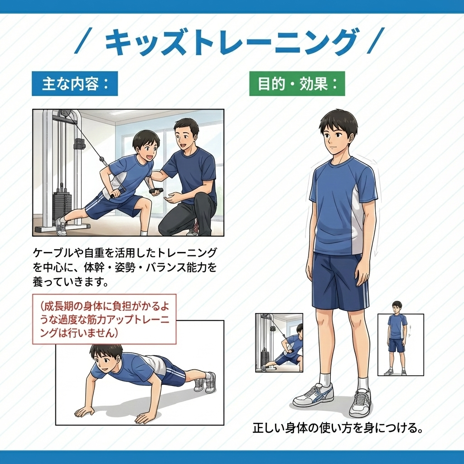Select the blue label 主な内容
pos(75,83)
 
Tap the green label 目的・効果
pos(297,83)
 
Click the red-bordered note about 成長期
pos(104,319)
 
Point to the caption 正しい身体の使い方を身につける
pos(337,428)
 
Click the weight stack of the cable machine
pos(62,207)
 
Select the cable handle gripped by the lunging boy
pos(118,193)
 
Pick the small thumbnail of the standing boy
pos(401,345)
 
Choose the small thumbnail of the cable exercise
pos(279,343)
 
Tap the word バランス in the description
pos(167,267)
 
